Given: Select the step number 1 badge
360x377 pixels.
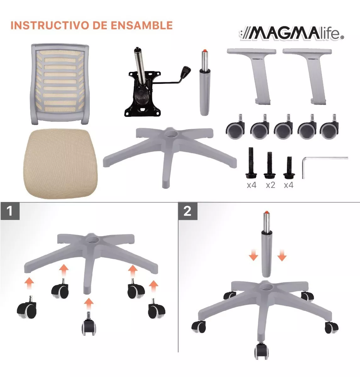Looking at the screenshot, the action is tap(10, 211).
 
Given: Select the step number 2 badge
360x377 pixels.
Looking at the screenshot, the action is tap(187, 211).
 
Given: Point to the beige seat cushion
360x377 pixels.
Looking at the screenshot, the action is tap(61, 164).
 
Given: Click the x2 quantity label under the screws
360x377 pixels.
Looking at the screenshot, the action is tap(271, 185).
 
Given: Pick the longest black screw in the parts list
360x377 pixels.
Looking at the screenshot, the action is tap(251, 163).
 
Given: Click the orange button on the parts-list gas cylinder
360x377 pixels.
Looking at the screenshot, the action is tap(205, 51).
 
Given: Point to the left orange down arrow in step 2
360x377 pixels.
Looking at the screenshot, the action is tap(253, 255).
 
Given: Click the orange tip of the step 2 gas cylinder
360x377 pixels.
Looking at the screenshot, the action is tap(266, 212).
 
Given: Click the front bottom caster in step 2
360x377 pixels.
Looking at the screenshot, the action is tap(261, 351).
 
